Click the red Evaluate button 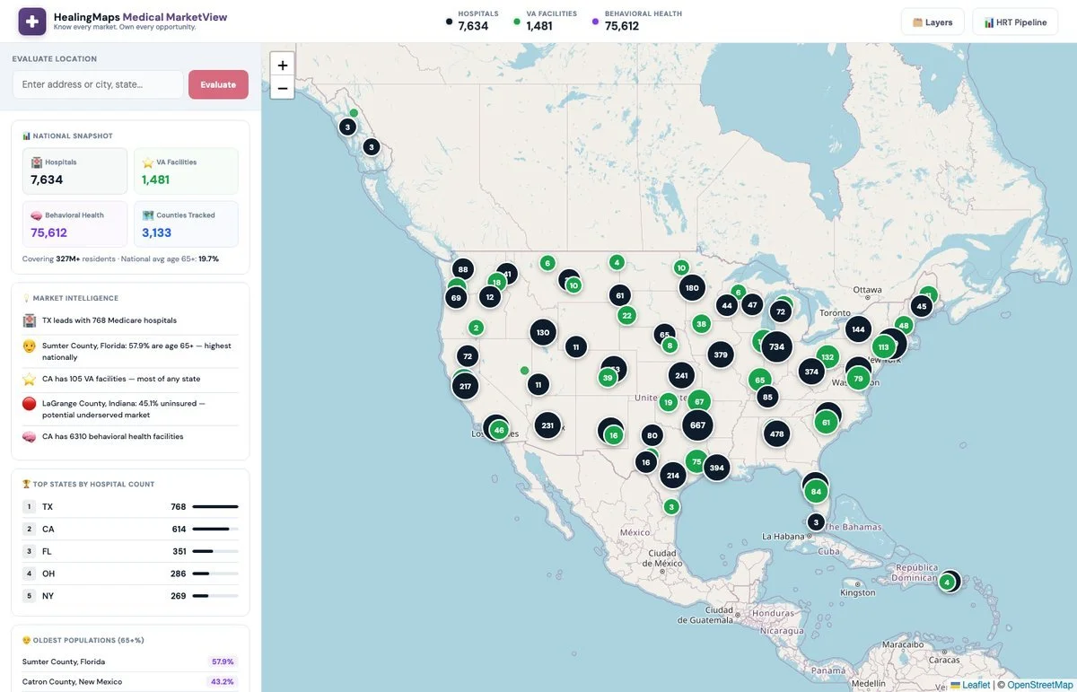tap(218, 84)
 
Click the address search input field tap(98, 84)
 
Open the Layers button tap(933, 22)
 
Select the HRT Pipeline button tap(1015, 22)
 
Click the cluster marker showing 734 tap(776, 346)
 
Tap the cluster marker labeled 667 tap(697, 425)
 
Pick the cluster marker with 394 tap(716, 468)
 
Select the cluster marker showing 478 tap(776, 434)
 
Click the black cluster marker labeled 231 tap(547, 425)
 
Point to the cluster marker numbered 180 tap(691, 288)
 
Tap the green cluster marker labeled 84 tap(816, 491)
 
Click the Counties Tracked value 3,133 tap(156, 232)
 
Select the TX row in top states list tap(130, 507)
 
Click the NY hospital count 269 tap(178, 596)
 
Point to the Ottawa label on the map tap(868, 290)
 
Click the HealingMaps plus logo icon tap(32, 22)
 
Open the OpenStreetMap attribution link tap(1039, 685)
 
